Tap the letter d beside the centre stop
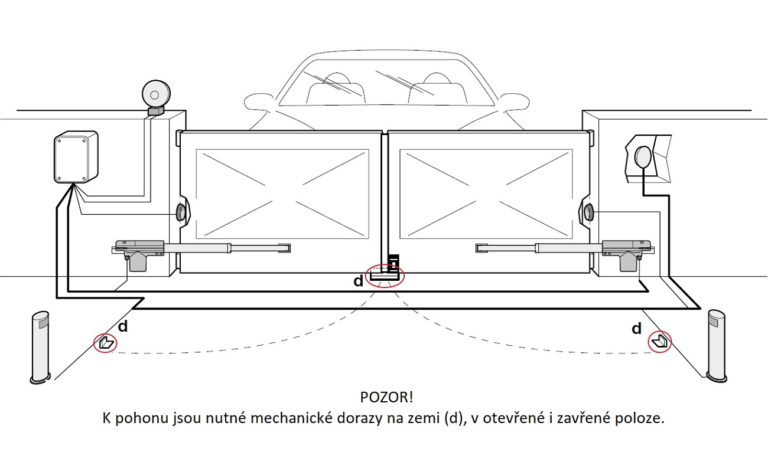(359, 281)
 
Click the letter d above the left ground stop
(123, 326)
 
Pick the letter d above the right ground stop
(636, 329)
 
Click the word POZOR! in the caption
(383, 396)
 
